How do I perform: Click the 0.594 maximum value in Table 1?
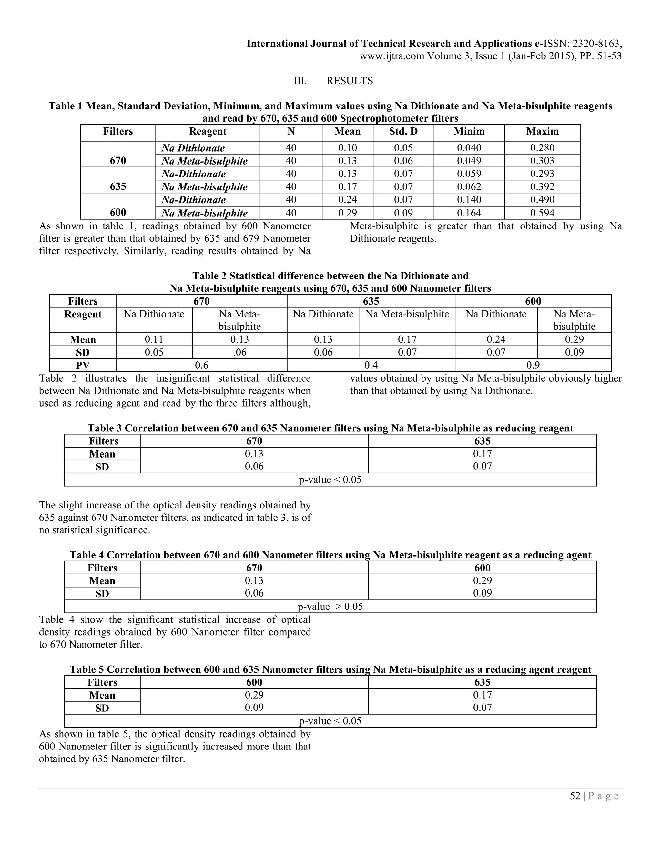coord(542,213)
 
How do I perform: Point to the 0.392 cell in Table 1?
coord(542,187)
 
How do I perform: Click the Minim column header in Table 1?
coord(469,131)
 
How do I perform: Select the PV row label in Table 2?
coord(83,365)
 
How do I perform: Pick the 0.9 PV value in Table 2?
coord(533,365)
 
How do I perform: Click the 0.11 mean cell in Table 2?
coord(154,339)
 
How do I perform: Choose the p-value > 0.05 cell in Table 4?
coord(330,607)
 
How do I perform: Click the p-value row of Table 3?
coord(330,479)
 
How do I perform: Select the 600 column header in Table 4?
coord(482,568)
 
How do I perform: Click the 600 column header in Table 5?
coord(254,682)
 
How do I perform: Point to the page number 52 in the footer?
coord(575,796)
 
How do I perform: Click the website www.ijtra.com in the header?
coord(392,56)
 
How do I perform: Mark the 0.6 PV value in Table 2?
coord(201,365)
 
